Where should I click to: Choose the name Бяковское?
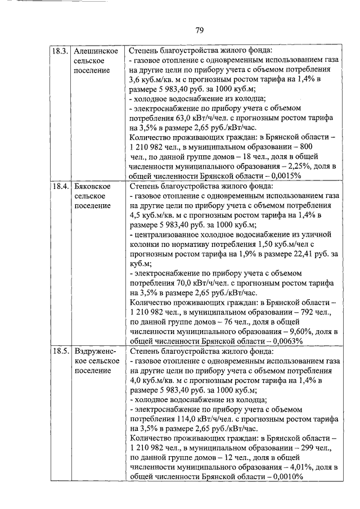coord(92,186)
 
